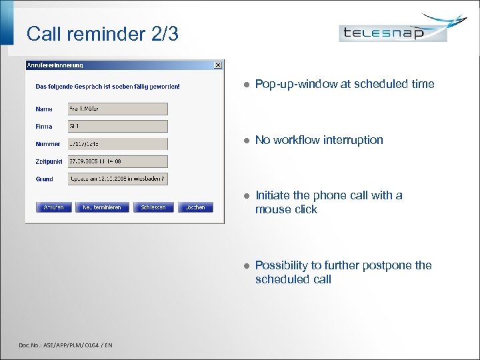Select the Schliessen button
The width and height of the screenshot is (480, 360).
[x=153, y=207]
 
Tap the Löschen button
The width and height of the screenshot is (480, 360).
[x=196, y=207]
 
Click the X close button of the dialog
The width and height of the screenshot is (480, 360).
[x=217, y=65]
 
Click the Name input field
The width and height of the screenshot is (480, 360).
[x=117, y=109]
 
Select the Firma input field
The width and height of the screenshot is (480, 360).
[x=117, y=126]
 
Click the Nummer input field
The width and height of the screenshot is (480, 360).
[x=117, y=143]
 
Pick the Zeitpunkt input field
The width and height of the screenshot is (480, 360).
[x=117, y=161]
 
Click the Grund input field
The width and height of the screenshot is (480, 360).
[x=117, y=179]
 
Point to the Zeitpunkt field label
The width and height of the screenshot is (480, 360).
[x=49, y=161]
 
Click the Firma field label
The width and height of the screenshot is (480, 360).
[x=44, y=126]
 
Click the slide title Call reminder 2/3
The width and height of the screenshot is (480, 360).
[x=103, y=34]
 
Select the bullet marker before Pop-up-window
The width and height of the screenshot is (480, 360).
[x=245, y=85]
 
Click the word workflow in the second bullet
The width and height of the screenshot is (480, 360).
[x=299, y=140]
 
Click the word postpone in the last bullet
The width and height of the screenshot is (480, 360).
[x=389, y=265]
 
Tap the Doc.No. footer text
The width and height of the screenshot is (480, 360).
[x=65, y=345]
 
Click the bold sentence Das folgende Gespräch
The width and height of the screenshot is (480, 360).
[x=107, y=86]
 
